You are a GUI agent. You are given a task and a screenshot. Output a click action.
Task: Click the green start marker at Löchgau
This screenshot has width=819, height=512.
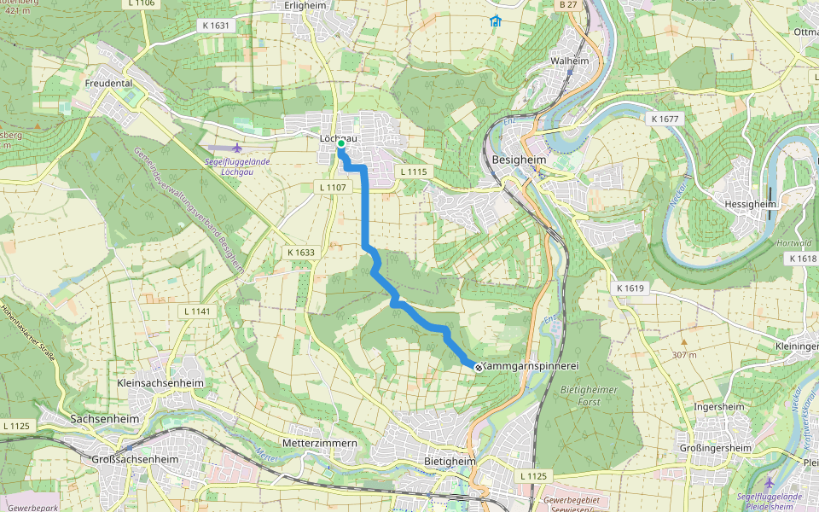click(x=340, y=144)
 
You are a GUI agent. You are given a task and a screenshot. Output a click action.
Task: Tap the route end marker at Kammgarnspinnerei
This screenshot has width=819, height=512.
click(x=478, y=367)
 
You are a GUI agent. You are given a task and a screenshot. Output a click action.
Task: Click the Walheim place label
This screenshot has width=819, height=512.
click(x=570, y=62)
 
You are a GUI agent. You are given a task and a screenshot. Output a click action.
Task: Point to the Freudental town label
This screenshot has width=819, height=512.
click(x=110, y=83)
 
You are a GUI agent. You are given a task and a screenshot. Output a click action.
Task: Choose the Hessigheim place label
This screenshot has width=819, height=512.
click(x=753, y=204)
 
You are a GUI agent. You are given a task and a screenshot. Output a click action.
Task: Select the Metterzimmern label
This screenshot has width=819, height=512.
click(x=317, y=444)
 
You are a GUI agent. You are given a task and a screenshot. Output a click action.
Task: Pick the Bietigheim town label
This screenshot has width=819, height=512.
click(x=450, y=462)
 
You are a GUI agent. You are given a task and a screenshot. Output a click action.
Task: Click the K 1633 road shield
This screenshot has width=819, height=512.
click(x=301, y=253)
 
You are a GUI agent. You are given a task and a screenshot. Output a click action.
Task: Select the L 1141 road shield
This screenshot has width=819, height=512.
click(x=196, y=311)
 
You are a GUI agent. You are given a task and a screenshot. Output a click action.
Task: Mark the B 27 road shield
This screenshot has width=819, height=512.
click(x=568, y=5)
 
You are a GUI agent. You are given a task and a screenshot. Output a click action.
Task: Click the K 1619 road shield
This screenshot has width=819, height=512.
click(x=630, y=288)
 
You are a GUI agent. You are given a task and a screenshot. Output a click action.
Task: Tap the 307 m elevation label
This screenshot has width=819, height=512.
click(x=684, y=354)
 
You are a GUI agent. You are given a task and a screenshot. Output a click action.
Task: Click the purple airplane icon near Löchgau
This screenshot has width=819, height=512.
click(x=237, y=148)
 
